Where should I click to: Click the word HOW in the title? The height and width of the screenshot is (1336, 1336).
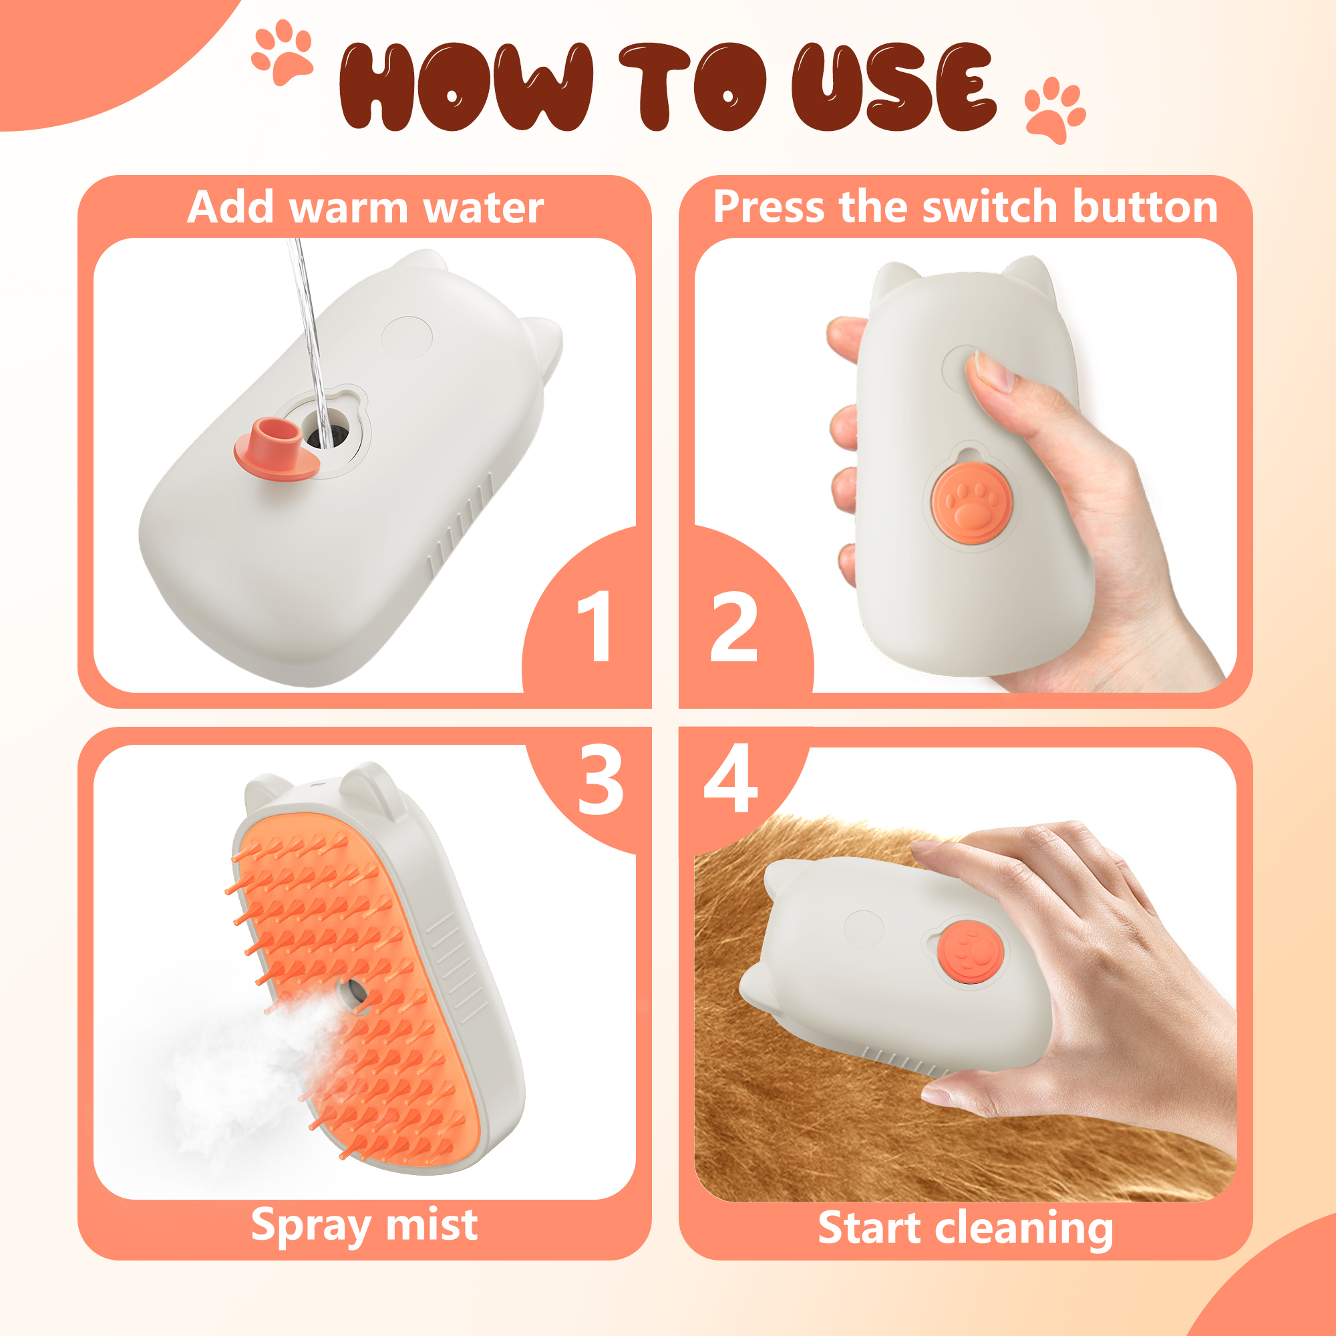pyautogui.click(x=465, y=86)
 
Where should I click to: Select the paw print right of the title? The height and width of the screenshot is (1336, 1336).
pyautogui.click(x=1053, y=110)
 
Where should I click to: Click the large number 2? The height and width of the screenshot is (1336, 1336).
pyautogui.click(x=734, y=627)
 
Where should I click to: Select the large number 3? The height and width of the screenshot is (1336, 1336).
pyautogui.click(x=601, y=780)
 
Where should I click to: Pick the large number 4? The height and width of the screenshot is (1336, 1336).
pyautogui.click(x=730, y=780)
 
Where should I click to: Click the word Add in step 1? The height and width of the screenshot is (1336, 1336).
pyautogui.click(x=230, y=207)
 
